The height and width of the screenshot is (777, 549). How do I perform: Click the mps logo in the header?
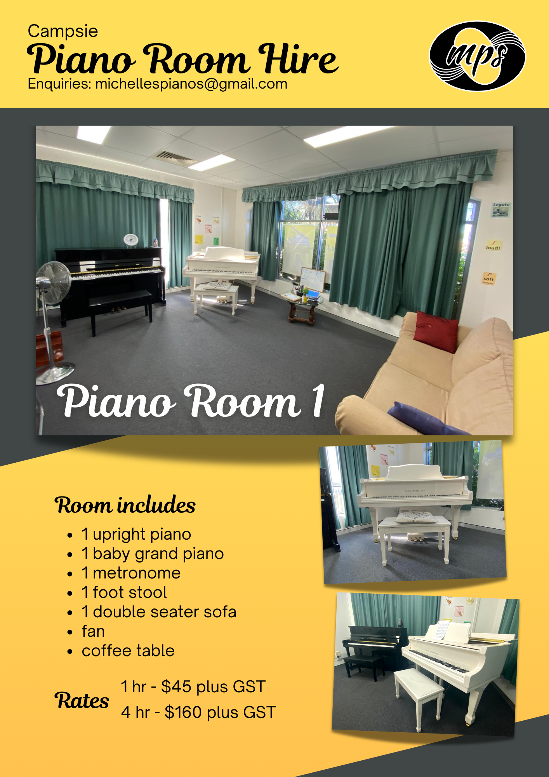(477, 56)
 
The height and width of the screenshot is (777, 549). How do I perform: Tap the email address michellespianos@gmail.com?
(191, 84)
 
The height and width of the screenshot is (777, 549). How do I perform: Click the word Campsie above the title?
(63, 31)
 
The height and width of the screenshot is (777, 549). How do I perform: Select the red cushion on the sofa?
(436, 331)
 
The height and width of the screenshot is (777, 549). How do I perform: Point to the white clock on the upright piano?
(131, 240)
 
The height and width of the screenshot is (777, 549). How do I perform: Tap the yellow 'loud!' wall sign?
(493, 246)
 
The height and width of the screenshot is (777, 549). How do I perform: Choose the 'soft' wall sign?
(489, 278)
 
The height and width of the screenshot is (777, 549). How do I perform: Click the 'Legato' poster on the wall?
(501, 209)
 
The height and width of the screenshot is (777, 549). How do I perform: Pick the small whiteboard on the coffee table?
(313, 279)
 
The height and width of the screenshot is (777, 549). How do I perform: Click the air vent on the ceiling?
(174, 157)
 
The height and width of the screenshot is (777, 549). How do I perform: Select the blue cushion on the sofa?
(426, 419)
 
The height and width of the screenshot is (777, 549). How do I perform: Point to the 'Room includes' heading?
(125, 505)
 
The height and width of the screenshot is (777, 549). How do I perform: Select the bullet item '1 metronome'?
(131, 573)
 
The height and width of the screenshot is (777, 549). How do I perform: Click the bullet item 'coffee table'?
(128, 651)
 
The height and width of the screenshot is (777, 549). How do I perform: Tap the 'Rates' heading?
(82, 701)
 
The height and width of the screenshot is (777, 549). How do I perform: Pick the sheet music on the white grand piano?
(441, 629)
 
